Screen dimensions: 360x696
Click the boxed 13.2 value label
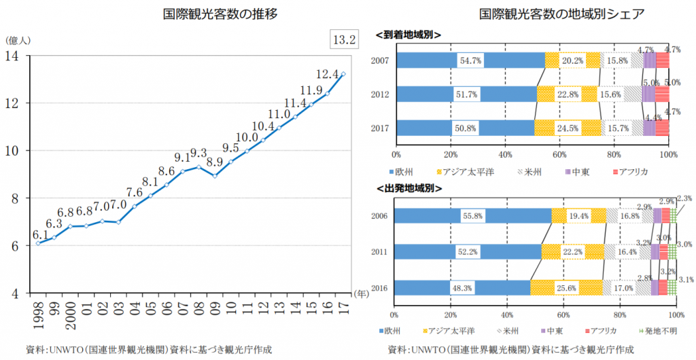coord(343,39)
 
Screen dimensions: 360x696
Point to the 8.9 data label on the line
coord(215,162)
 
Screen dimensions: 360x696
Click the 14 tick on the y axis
coord(14,56)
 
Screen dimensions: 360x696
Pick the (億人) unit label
coord(18,41)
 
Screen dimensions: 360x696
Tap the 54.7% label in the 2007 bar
coord(470,60)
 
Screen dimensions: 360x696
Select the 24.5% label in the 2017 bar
coord(568,128)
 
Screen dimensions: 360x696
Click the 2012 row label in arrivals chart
coord(379,94)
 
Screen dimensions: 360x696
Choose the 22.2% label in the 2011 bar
coord(572,252)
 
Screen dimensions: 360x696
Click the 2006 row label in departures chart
coord(379,216)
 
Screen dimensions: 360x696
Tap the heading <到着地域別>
coord(408,34)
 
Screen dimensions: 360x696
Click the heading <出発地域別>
coord(408,188)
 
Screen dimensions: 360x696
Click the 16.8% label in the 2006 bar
coord(630,216)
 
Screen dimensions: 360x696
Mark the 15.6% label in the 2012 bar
coord(611,94)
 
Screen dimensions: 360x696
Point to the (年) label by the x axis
coord(362,294)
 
